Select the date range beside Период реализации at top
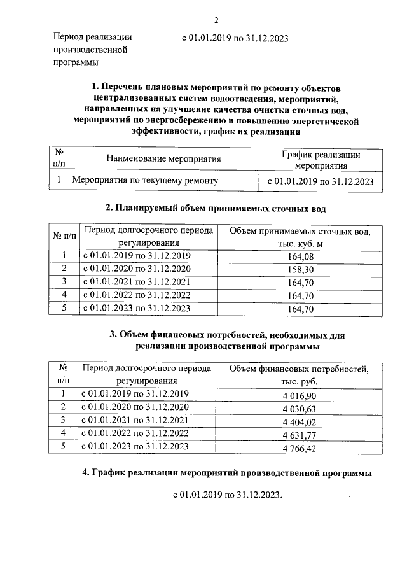click(234, 38)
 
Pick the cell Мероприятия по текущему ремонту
click(146, 181)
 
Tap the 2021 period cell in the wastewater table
click(137, 282)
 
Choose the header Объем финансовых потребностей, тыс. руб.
click(298, 375)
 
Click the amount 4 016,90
click(298, 395)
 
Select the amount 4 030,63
click(298, 409)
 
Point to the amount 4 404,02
click(298, 421)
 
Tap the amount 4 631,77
click(298, 435)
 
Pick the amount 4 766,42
click(298, 448)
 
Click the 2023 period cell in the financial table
click(135, 447)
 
